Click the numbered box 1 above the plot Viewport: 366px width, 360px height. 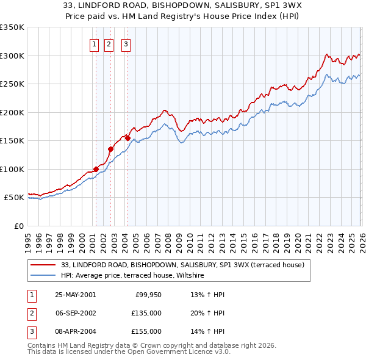point(95,43)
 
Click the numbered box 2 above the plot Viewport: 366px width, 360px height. point(109,43)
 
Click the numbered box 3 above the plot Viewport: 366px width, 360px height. point(126,43)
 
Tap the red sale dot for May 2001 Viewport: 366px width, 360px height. point(96,169)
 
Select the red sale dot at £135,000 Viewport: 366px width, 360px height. point(110,149)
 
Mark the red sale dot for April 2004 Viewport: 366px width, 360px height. point(127,138)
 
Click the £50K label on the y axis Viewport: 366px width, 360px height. point(14,198)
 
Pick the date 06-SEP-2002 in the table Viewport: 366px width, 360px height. point(75,313)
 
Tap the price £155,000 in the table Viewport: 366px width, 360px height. point(146,331)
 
